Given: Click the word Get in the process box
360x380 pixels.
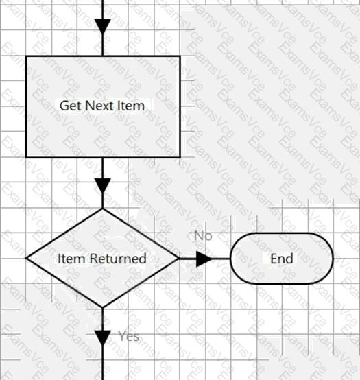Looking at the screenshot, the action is click(x=70, y=106).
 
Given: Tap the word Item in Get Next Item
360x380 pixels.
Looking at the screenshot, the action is click(x=131, y=106).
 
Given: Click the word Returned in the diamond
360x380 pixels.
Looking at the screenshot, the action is click(x=118, y=259).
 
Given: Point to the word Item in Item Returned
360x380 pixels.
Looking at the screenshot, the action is click(x=71, y=259).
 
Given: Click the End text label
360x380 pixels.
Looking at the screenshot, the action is click(x=282, y=259).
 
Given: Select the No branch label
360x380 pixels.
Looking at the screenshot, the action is click(x=203, y=236).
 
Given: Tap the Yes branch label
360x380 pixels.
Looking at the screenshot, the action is click(x=129, y=336).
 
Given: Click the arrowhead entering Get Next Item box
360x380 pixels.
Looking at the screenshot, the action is click(x=103, y=27).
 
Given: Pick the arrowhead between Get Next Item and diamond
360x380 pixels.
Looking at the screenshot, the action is click(x=103, y=186).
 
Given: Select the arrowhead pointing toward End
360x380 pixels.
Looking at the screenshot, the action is click(x=204, y=259).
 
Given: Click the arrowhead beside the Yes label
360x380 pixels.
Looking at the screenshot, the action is click(x=103, y=338).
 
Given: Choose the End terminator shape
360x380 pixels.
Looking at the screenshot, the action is click(x=282, y=259).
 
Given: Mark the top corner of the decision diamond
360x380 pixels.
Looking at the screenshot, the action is click(x=103, y=208).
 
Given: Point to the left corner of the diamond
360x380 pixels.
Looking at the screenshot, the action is click(x=26, y=259).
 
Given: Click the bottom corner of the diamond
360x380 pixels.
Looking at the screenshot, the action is click(x=103, y=308).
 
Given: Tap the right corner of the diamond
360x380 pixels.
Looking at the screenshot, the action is click(x=179, y=259).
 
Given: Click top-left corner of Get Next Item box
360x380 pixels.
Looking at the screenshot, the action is click(x=26, y=56).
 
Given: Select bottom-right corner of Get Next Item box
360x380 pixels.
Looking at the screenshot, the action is click(x=180, y=157).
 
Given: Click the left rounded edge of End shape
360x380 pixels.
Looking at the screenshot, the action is click(x=230, y=259).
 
